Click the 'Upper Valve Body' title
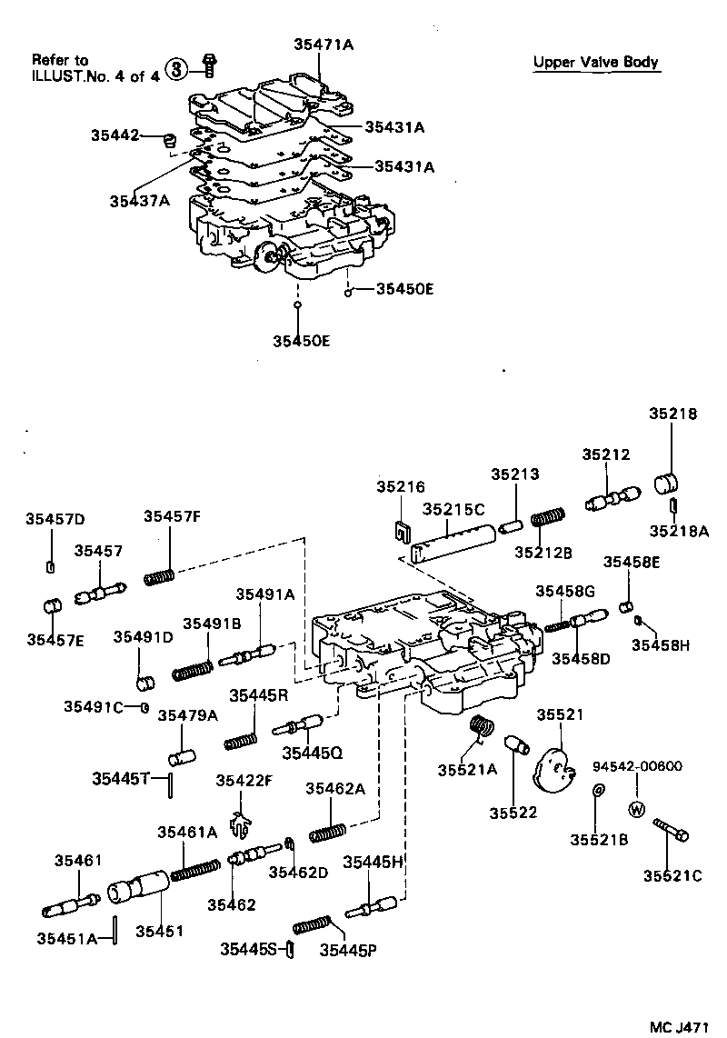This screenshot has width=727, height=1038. click(595, 62)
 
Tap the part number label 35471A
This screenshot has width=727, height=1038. click(323, 43)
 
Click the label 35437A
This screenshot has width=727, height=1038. click(140, 201)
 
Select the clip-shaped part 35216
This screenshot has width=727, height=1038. click(400, 528)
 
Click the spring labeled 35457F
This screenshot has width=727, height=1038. click(159, 576)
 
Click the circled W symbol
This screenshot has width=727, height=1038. click(636, 809)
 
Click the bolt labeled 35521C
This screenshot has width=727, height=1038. click(671, 831)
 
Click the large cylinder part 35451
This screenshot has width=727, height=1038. click(138, 887)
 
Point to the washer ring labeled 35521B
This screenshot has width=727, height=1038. click(597, 792)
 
